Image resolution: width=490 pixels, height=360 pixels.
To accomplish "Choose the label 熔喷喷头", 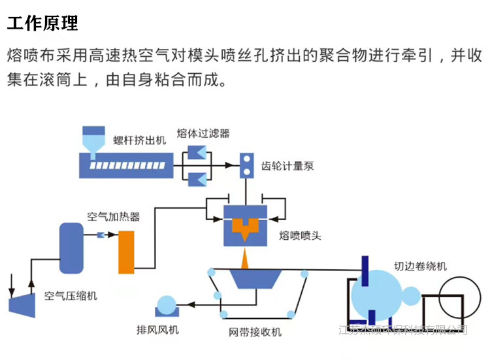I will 300,235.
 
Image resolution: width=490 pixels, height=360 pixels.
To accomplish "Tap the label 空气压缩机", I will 71,296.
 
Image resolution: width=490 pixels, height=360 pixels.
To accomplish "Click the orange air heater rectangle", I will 125,252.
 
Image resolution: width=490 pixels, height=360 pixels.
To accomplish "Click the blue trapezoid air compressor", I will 22,303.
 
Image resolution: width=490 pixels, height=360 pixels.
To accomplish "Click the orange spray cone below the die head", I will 246,259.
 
